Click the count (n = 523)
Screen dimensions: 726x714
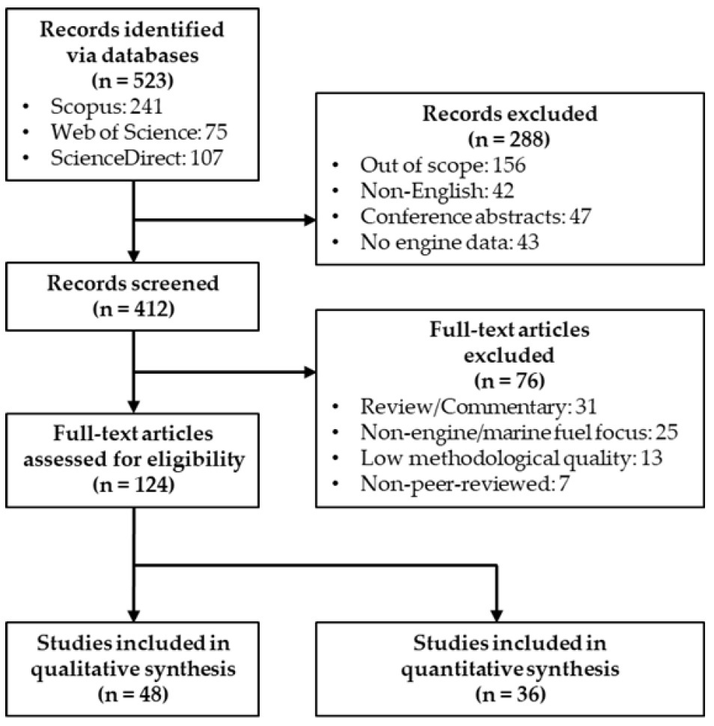point(132,79)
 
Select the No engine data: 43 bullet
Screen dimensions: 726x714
point(442,244)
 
